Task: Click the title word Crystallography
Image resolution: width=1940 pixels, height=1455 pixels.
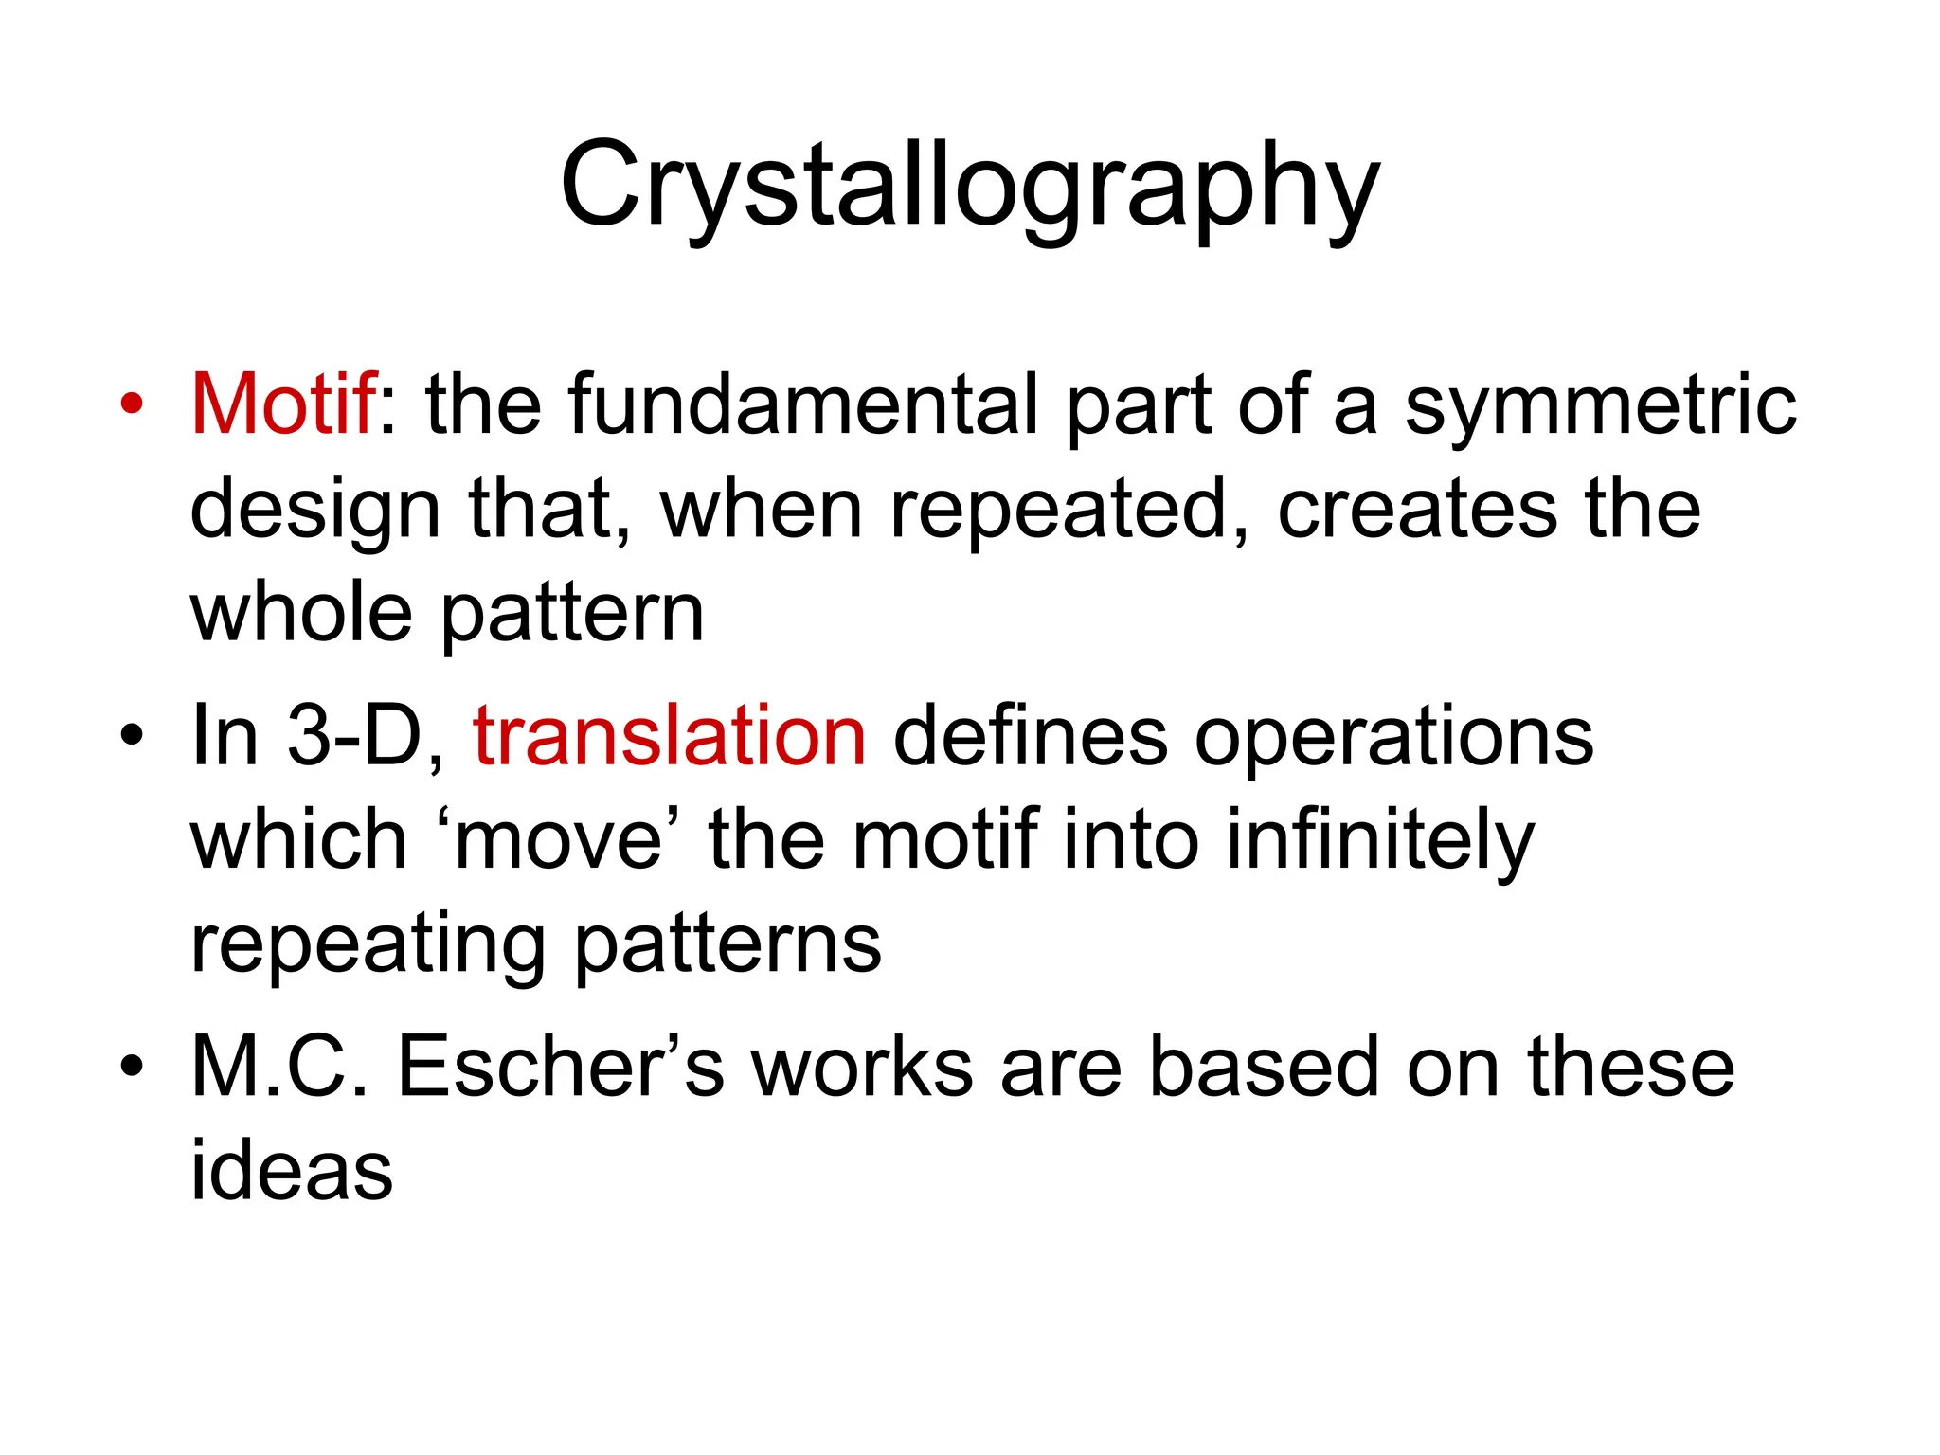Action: pos(969,185)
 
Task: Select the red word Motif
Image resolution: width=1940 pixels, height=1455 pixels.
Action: pos(283,404)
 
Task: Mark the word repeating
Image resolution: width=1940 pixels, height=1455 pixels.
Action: pos(368,945)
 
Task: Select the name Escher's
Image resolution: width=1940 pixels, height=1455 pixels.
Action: pos(560,1067)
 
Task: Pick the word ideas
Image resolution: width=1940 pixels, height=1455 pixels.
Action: pos(292,1171)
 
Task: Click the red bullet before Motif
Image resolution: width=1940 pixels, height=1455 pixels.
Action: pos(132,405)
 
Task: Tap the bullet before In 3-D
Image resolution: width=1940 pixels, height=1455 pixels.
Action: pos(132,736)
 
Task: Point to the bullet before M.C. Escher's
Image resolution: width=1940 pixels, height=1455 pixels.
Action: pos(132,1068)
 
